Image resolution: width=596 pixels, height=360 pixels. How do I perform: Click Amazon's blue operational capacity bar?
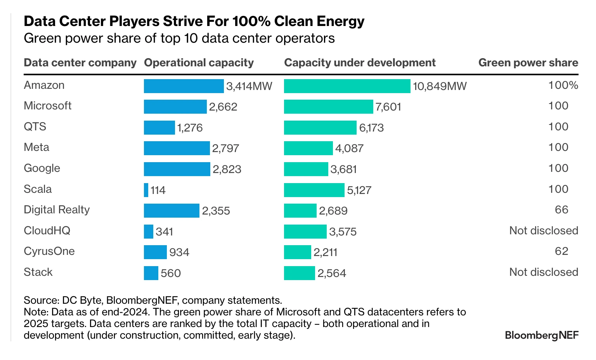(x=184, y=86)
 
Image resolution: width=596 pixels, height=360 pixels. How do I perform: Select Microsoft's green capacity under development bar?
(x=328, y=107)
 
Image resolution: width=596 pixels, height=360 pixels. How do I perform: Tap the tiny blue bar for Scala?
(x=146, y=190)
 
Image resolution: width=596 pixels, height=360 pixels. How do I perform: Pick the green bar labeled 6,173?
(x=320, y=128)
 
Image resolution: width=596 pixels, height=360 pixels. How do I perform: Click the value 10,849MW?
(x=440, y=86)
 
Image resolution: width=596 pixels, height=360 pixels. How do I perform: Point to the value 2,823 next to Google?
(x=227, y=169)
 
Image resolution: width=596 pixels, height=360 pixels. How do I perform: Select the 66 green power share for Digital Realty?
(x=561, y=210)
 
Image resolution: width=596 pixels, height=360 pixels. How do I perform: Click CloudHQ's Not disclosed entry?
(x=544, y=231)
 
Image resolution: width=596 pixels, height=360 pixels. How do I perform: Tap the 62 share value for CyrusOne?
(x=561, y=251)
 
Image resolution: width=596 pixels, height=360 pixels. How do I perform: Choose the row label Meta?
(x=36, y=147)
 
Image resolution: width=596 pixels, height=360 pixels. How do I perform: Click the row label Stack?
(x=38, y=272)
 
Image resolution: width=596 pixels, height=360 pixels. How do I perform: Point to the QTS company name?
(x=35, y=127)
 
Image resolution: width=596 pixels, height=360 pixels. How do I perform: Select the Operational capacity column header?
(x=199, y=63)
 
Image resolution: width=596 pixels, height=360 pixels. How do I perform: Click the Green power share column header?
(x=528, y=63)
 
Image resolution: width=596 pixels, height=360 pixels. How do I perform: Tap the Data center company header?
(x=80, y=63)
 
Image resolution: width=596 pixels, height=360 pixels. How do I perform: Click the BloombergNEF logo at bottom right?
(x=541, y=335)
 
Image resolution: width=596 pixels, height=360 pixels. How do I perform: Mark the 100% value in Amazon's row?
(x=563, y=85)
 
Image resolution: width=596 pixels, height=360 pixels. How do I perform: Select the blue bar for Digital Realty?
(x=172, y=211)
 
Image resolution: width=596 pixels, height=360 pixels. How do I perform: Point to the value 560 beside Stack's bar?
(x=171, y=273)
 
